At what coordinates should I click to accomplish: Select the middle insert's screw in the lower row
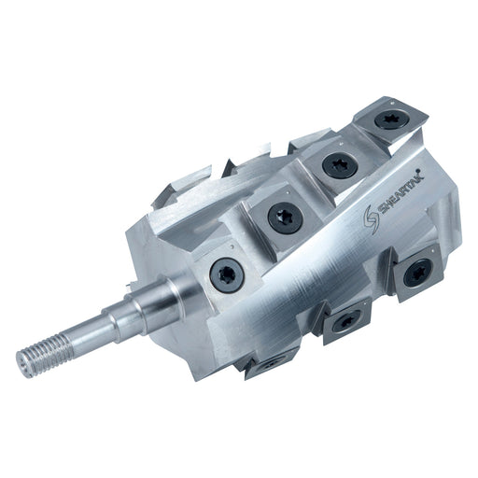click(344, 321)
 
